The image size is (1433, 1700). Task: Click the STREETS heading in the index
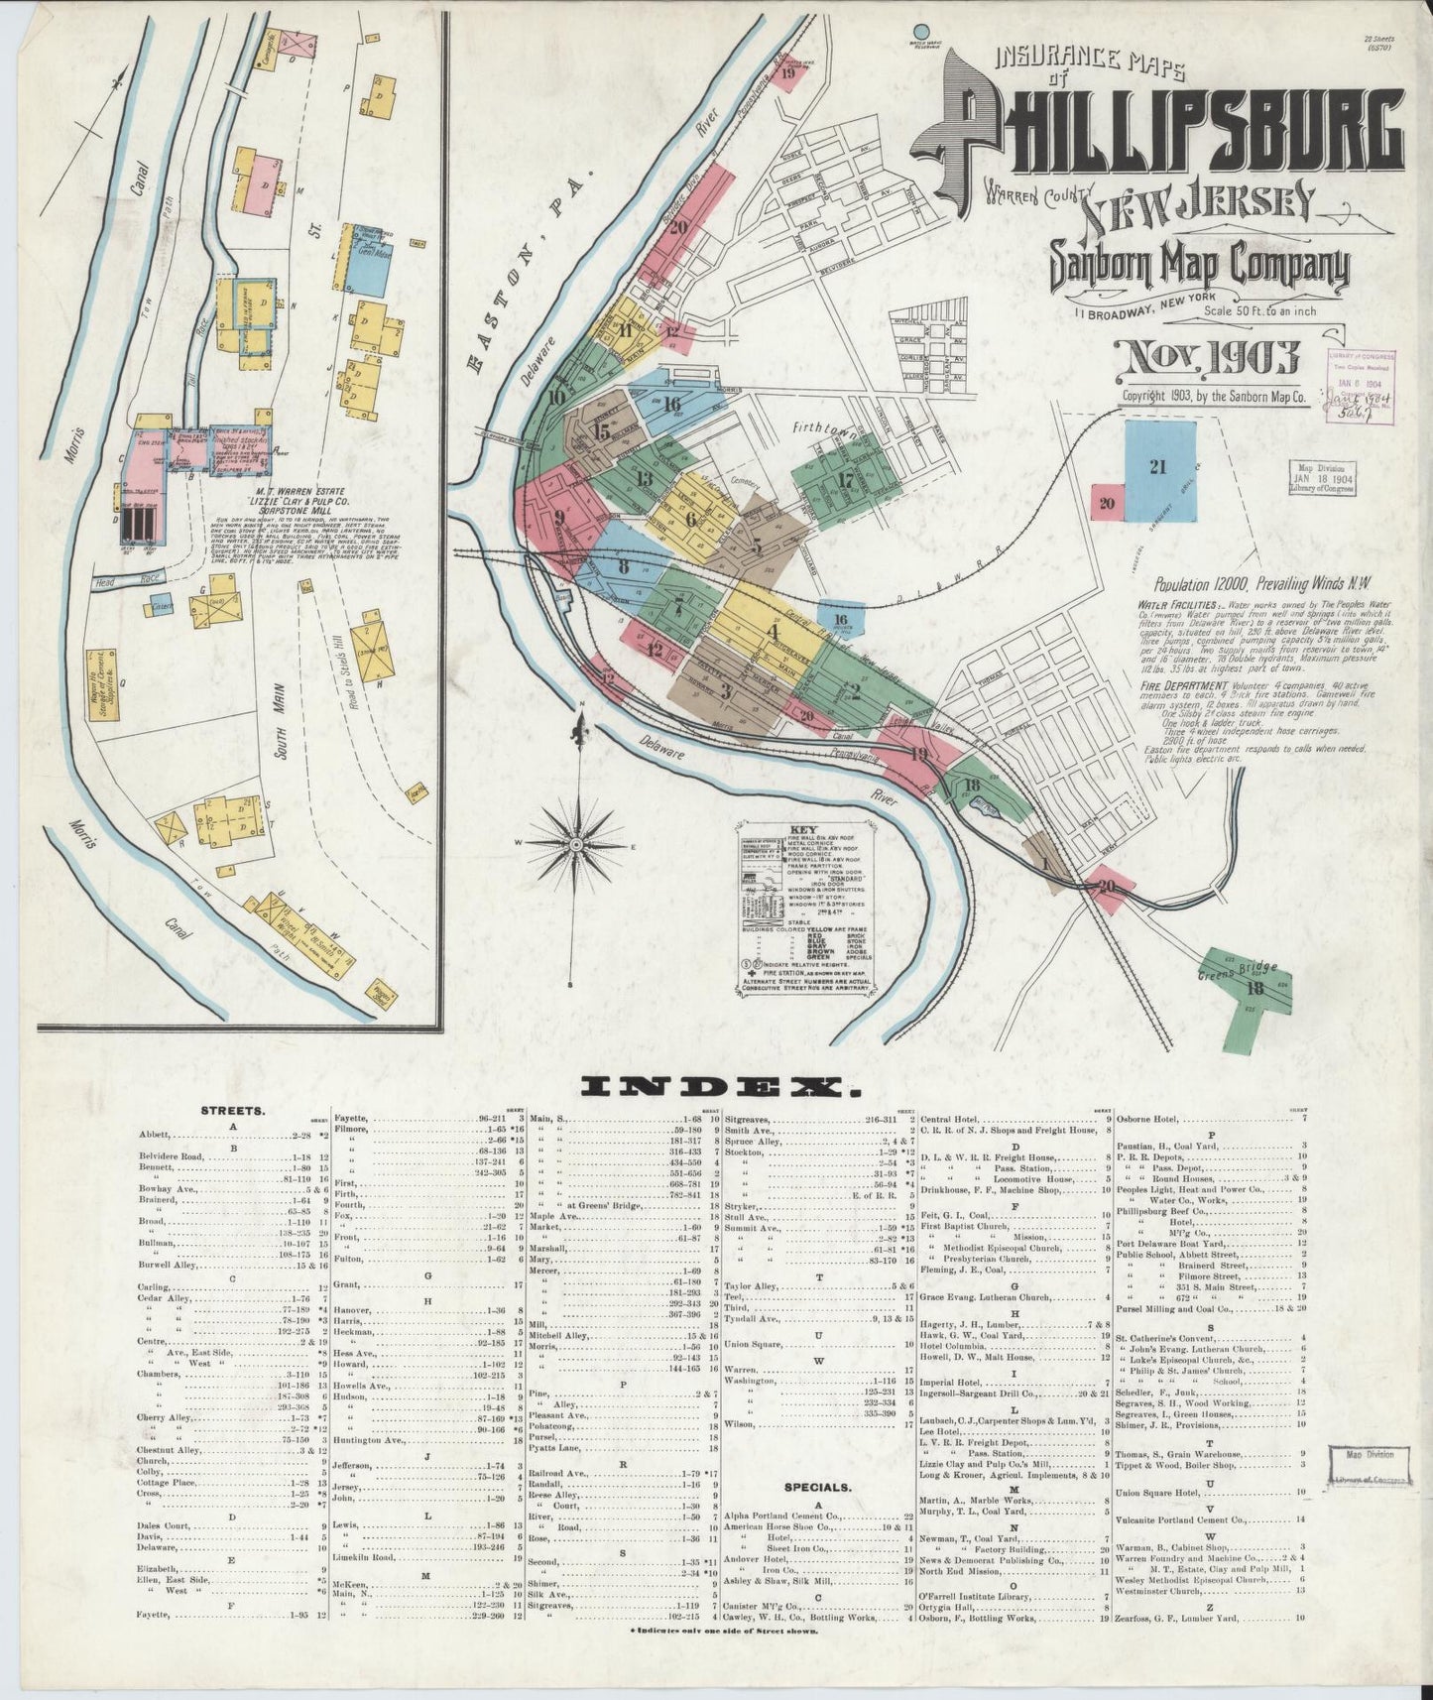232,1111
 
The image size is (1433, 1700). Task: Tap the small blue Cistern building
160,604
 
